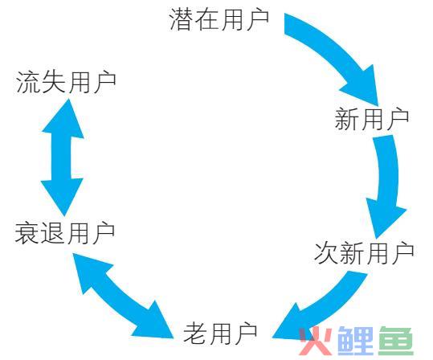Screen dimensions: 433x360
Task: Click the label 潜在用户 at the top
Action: click(219, 19)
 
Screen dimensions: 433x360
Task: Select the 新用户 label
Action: click(372, 119)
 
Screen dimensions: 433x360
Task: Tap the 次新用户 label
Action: click(364, 253)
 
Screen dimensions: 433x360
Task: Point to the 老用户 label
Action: click(220, 333)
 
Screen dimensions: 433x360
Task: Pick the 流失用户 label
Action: click(66, 82)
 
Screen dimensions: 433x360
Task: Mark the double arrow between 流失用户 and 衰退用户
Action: click(63, 157)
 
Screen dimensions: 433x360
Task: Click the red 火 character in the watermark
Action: click(316, 341)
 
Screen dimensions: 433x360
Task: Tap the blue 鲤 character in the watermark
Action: click(356, 341)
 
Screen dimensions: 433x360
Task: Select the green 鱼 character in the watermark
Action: click(396, 341)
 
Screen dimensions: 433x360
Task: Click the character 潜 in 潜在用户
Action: click(182, 19)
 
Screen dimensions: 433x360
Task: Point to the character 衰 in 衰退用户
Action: click(27, 233)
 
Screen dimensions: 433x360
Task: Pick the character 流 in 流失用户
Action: click(28, 82)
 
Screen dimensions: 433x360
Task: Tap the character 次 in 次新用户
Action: click(326, 253)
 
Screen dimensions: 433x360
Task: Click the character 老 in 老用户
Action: click(195, 333)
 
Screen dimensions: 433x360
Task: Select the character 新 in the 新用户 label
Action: click(347, 119)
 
